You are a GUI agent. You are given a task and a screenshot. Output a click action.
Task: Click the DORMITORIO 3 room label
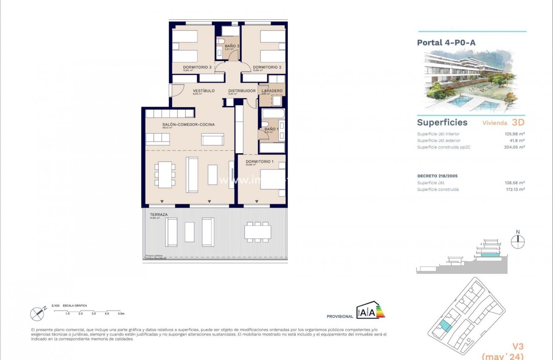[197, 67]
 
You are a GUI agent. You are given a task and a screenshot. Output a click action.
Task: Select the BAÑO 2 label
[232, 46]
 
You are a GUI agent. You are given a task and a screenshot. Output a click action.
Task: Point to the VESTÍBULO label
[204, 91]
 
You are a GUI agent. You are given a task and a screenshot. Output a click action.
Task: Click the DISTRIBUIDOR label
[242, 91]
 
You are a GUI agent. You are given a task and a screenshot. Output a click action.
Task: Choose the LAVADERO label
[272, 91]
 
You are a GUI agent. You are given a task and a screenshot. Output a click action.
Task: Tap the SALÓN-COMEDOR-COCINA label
[189, 124]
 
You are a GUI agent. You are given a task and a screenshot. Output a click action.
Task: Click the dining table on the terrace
[258, 232]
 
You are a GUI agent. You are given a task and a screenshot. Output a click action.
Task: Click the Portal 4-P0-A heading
[446, 42]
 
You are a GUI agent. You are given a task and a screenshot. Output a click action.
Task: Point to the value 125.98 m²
[514, 134]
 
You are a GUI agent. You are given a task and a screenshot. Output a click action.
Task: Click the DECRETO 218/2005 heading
[437, 176]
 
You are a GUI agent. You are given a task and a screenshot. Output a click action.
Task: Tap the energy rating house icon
[365, 311]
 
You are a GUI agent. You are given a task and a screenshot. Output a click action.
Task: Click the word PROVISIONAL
[340, 316]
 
